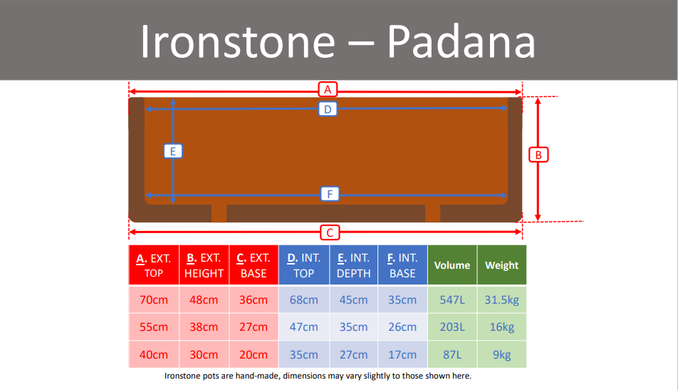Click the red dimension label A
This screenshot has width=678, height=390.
coord(328,90)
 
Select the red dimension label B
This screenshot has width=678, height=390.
coord(538,155)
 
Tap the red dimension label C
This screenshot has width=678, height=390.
coord(330,232)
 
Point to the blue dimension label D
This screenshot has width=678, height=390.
coord(328,109)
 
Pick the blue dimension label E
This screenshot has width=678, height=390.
coord(173,151)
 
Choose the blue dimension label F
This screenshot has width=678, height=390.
coord(330,194)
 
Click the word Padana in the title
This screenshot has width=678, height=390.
coord(461,41)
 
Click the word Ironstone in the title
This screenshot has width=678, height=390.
coord(238,41)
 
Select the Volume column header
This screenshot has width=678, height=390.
coord(452,265)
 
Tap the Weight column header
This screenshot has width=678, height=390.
coord(501,265)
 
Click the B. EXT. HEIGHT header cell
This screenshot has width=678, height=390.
coord(204,265)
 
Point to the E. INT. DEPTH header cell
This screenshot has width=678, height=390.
coord(354,265)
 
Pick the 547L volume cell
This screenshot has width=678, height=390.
coord(452,299)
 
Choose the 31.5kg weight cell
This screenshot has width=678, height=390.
coord(501,299)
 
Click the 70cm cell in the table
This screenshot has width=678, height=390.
coord(154,299)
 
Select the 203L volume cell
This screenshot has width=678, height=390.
coord(452,327)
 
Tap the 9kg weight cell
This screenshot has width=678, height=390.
coord(501,354)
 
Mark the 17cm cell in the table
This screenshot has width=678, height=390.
coord(402,354)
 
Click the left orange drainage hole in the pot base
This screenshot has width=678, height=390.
coord(219,213)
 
